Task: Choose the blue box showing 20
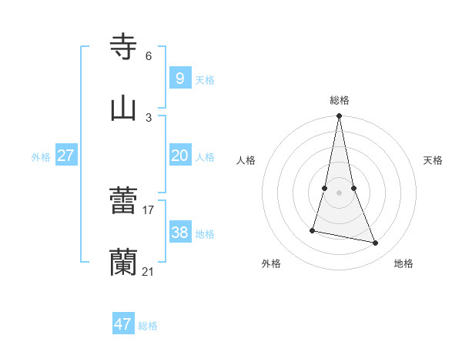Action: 179,156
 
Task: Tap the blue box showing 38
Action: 179,233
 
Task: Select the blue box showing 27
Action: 65,156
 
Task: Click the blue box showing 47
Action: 122,324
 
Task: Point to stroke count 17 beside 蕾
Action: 149,209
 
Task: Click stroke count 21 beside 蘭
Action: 149,271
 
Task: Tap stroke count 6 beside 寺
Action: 149,55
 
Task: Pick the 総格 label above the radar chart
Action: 340,100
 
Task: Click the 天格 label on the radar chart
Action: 434,160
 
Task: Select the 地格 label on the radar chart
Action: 403,263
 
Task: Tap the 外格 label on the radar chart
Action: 271,263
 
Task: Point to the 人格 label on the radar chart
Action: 246,160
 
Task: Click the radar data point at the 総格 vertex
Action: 339,116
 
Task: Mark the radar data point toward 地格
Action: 376,243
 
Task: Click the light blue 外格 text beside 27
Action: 41,156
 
